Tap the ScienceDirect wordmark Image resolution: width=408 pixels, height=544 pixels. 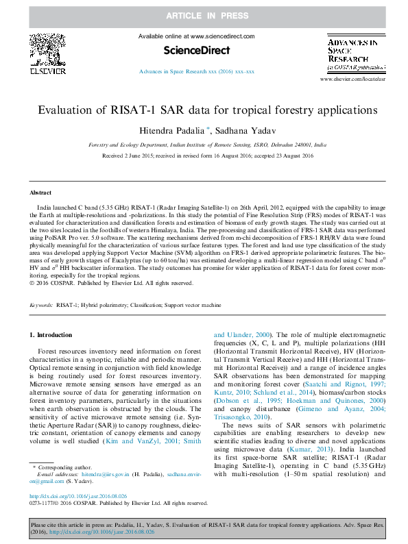pyautogui.click(x=197, y=50)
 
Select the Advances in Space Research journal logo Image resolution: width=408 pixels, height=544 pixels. pyautogui.click(x=355, y=53)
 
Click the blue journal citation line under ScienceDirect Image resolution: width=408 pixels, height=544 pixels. pyautogui.click(x=197, y=71)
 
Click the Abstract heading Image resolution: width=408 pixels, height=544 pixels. pyautogui.click(x=40, y=193)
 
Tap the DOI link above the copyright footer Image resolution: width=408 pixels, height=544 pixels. pyautogui.click(x=77, y=496)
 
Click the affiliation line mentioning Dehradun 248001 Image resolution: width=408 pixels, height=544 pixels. pyautogui.click(x=208, y=145)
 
